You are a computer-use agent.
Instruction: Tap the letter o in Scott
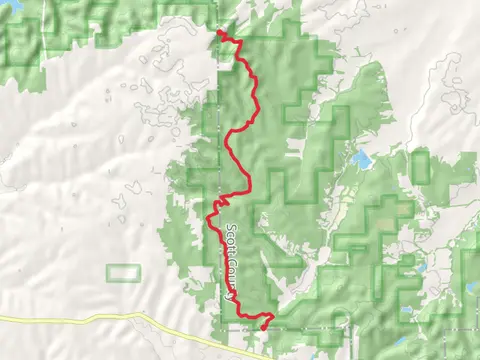pos(230,236)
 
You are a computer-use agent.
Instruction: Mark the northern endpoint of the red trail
pos(219,32)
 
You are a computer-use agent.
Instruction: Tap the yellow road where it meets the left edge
pos(2,320)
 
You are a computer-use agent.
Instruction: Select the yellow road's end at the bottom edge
pos(268,357)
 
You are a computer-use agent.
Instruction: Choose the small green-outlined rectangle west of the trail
pos(123,272)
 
